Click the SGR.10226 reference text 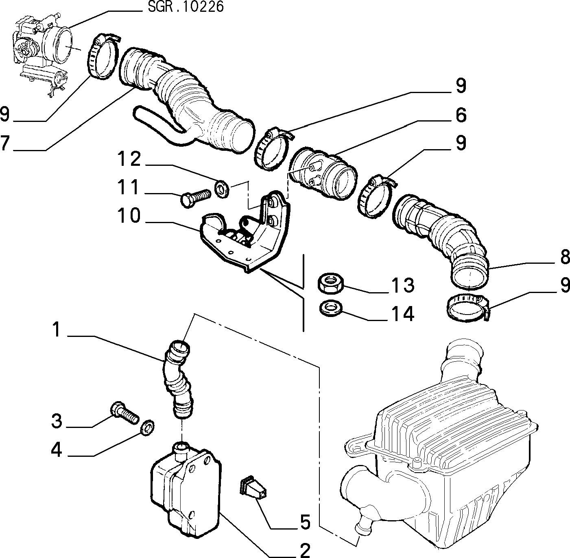(186, 7)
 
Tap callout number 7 (5, 143)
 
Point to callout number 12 (129, 159)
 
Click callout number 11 (128, 187)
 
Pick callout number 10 (129, 215)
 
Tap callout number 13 (403, 285)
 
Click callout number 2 (305, 550)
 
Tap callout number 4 (57, 450)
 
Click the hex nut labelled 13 (330, 284)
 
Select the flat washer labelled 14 (331, 307)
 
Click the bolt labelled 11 (196, 198)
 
